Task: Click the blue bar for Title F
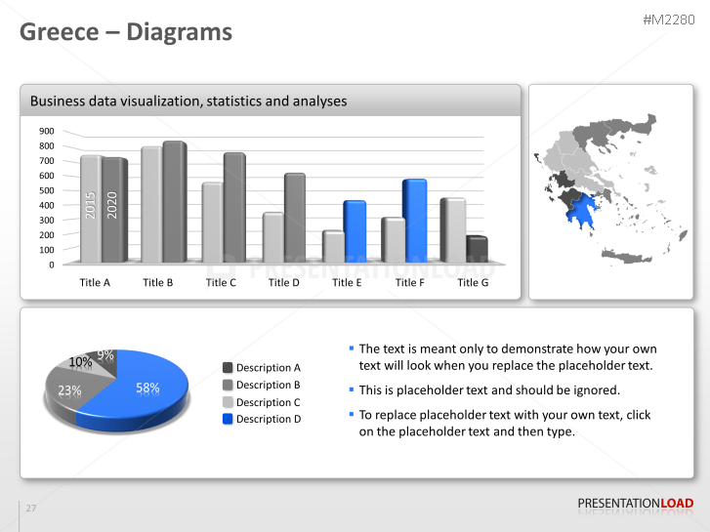click(x=414, y=221)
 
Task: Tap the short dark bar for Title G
click(x=477, y=250)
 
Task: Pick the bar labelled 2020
click(x=113, y=209)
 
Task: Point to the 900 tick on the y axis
click(x=47, y=131)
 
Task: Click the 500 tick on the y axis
click(x=47, y=190)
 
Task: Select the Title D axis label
click(x=284, y=283)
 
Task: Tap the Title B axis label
click(x=158, y=283)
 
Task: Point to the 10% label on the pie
click(x=81, y=362)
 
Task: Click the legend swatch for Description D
click(x=228, y=419)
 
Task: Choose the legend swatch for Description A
click(x=228, y=368)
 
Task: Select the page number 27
click(x=31, y=509)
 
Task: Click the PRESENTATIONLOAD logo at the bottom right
click(x=636, y=504)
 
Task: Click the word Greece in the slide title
click(x=60, y=32)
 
